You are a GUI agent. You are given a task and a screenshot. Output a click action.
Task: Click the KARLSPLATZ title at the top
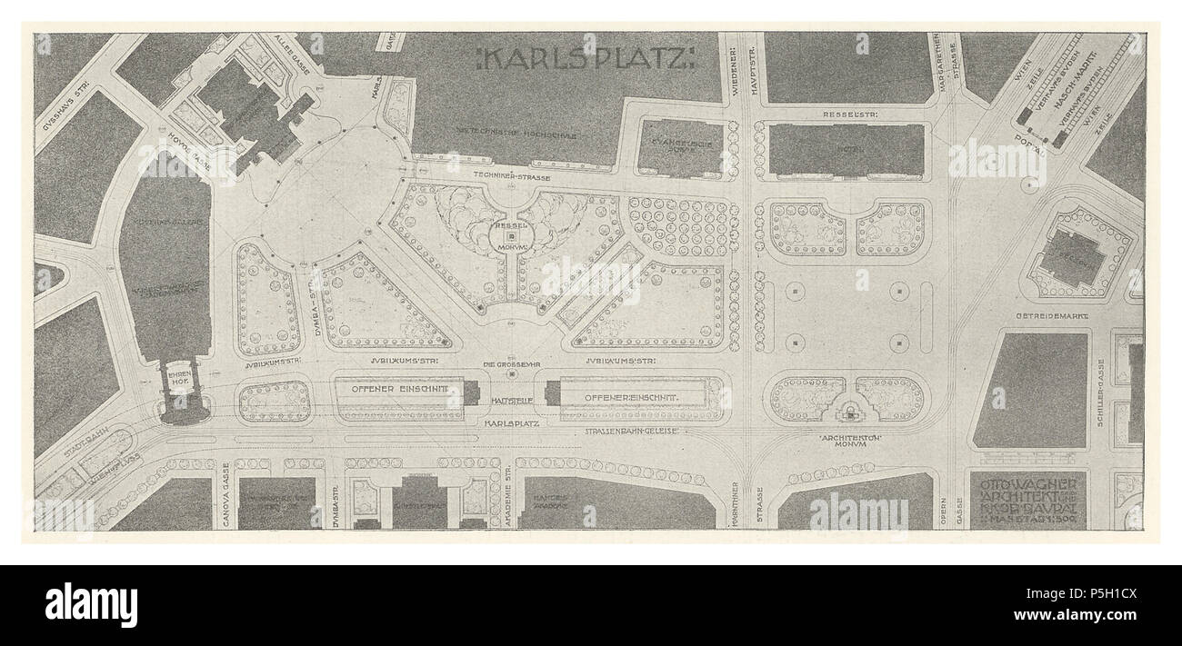[586, 61]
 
